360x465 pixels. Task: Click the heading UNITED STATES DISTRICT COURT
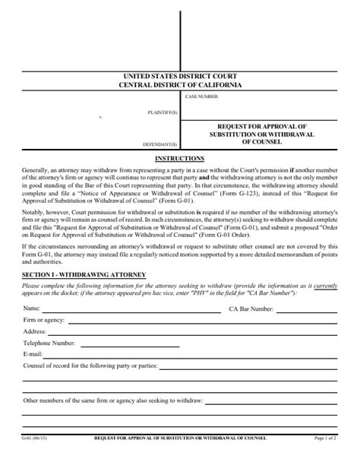pyautogui.click(x=180, y=77)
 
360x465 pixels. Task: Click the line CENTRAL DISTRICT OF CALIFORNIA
pyautogui.click(x=180, y=85)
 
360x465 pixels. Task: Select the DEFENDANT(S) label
pyautogui.click(x=161, y=144)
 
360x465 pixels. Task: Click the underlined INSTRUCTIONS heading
pyautogui.click(x=180, y=158)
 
